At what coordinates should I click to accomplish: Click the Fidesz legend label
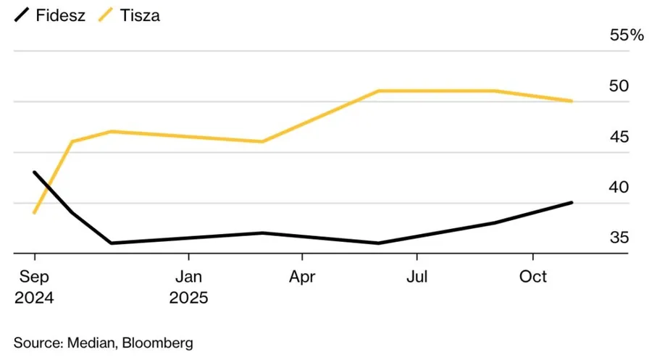point(60,15)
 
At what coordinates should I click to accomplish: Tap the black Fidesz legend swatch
point(22,14)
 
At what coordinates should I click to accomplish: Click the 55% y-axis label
point(626,35)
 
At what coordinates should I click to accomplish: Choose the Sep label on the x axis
point(33,276)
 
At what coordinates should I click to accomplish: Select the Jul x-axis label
point(417,276)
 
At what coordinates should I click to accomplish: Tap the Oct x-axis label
point(533,276)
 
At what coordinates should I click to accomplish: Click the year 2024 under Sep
point(33,297)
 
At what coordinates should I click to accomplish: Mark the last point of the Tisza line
point(572,101)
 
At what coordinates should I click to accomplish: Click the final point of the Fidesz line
point(572,202)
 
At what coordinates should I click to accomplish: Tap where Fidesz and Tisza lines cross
point(47,188)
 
